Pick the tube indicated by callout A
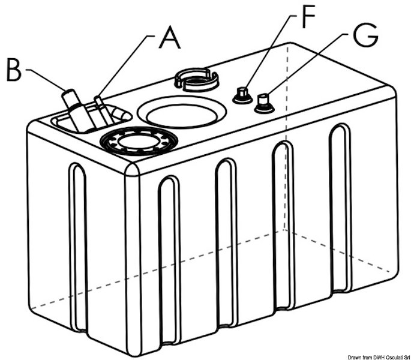104,110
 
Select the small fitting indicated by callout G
263,104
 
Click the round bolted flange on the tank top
139,143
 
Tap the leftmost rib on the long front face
169,252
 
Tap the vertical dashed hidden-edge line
286,150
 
